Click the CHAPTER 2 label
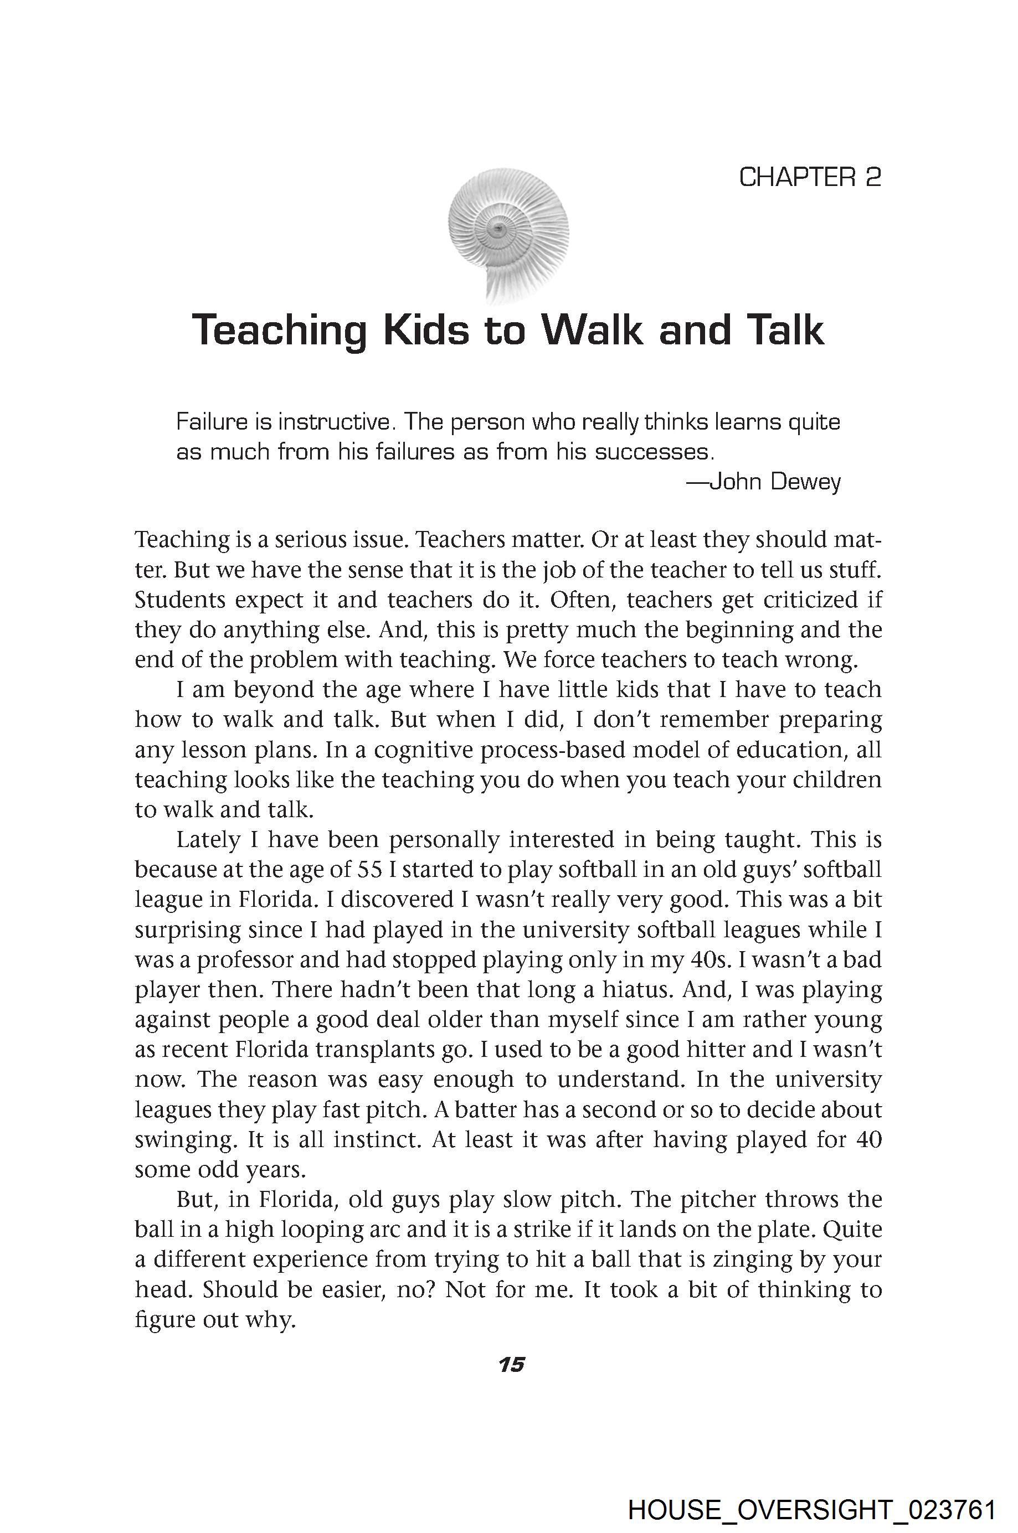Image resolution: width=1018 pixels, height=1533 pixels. [x=810, y=177]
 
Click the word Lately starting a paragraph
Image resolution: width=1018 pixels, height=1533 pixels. [x=208, y=840]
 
